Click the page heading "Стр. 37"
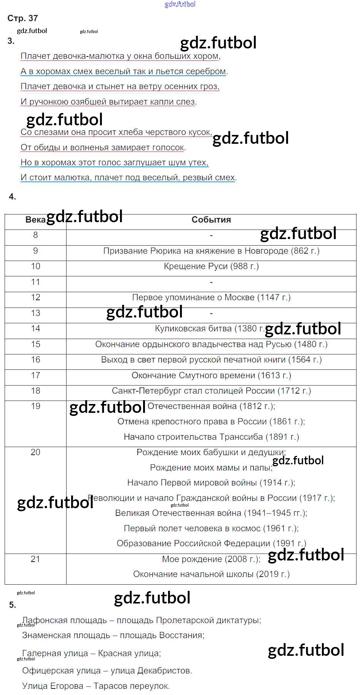[x=23, y=18]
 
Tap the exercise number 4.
[x=12, y=197]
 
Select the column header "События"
[x=211, y=220]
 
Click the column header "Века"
[x=35, y=220]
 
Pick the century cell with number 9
[x=35, y=251]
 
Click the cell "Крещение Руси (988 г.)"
[x=211, y=266]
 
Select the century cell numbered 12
[x=35, y=298]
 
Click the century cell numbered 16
[x=35, y=360]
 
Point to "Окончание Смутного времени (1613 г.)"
[x=211, y=376]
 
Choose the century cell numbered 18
[x=35, y=391]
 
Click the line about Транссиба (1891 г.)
[x=211, y=437]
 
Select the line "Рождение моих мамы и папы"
[x=211, y=468]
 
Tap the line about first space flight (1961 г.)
[x=211, y=529]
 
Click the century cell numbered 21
[x=35, y=559]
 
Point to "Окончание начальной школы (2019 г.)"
[x=211, y=574]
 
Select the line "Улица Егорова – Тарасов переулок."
[x=96, y=686]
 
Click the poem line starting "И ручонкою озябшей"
[x=108, y=102]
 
